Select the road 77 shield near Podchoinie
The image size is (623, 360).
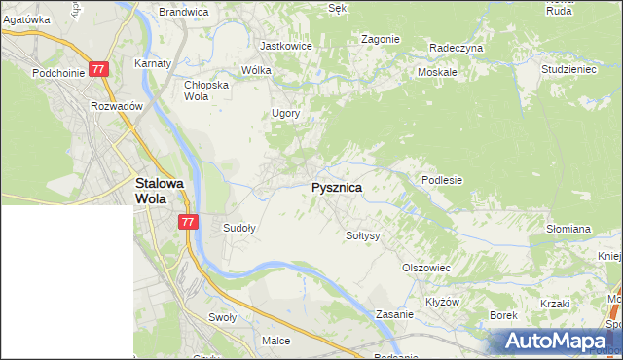(97, 69)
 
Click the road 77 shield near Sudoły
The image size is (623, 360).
(189, 222)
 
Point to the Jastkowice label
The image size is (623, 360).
(285, 45)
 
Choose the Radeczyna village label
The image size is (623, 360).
(457, 47)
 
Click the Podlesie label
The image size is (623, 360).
(441, 180)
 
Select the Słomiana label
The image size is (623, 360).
(568, 229)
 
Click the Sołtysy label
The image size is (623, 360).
(362, 235)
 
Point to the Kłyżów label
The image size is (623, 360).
(442, 302)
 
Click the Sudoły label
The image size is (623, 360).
(239, 229)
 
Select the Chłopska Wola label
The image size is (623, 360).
(205, 90)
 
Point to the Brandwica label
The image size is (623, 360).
(184, 12)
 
